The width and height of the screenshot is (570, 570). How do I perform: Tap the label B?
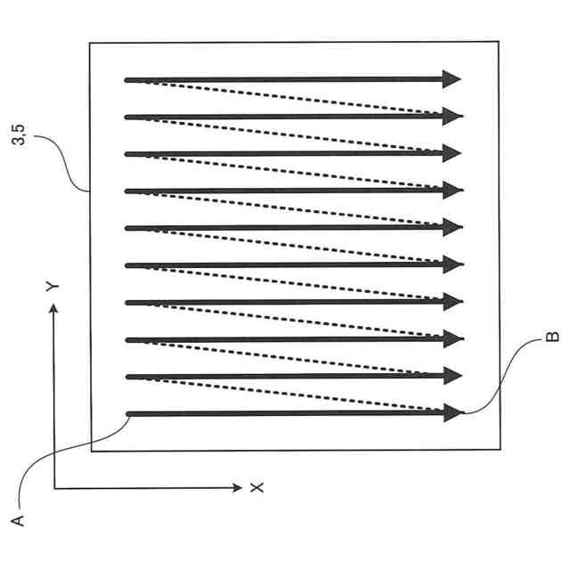[x=551, y=337]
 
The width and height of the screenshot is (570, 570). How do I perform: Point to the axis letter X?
[x=256, y=488]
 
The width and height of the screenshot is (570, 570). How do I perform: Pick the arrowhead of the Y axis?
[x=54, y=308]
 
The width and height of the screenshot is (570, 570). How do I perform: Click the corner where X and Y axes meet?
[x=54, y=488]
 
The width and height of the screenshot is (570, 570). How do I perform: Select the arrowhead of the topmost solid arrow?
[x=452, y=79]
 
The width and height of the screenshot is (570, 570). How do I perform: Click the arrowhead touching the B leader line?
[x=455, y=412]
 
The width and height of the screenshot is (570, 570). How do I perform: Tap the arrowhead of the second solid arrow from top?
[x=454, y=116]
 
